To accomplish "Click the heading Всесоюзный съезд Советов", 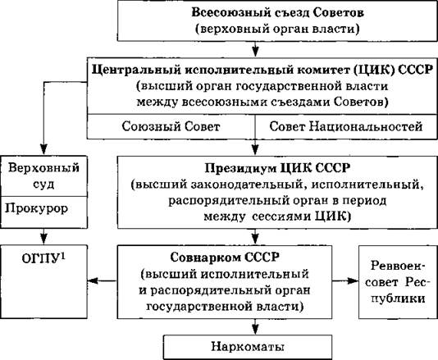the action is coord(278,13).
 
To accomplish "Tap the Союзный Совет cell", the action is coord(171,126).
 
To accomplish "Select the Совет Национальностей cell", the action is coord(346,126).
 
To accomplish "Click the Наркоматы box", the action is coord(248,347).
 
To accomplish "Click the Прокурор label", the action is coord(37,208).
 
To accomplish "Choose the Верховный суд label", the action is coord(43,175).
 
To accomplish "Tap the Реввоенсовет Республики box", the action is coord(398,282).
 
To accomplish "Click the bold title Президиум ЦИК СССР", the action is coord(278,168).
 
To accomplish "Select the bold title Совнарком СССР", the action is coord(225,257).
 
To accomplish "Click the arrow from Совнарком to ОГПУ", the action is coord(103,280).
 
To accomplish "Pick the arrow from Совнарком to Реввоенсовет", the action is coord(345,280).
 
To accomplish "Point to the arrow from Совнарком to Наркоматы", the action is coord(255,326).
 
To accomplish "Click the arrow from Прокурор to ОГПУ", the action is coord(43,237).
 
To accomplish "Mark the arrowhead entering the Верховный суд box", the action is coord(43,149).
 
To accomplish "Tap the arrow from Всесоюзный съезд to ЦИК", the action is coord(255,49).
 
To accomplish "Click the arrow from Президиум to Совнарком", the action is coord(255,237).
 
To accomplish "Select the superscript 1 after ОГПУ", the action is coord(63,256).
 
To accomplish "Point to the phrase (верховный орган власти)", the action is coord(277,29).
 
